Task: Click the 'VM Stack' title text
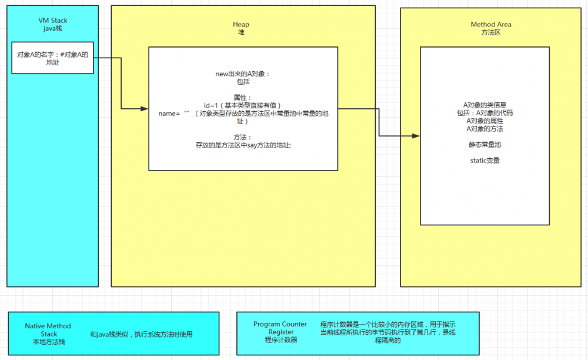[53, 21]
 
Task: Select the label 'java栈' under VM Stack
[53, 28]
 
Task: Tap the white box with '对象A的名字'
[52, 58]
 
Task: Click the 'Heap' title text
[241, 24]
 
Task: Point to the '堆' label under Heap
[241, 32]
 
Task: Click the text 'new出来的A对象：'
[243, 74]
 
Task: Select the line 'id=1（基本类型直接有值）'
[243, 105]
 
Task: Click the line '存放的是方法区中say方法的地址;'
[243, 145]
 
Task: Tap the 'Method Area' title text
[491, 24]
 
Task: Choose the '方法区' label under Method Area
[491, 32]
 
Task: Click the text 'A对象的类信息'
[485, 105]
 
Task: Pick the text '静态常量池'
[485, 144]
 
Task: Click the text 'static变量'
[485, 160]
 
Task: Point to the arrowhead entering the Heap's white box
[145, 109]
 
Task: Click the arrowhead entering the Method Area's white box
[416, 136]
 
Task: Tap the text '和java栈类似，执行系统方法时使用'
[141, 334]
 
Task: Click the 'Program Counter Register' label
[280, 328]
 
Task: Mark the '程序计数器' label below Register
[280, 340]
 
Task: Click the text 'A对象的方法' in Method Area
[485, 128]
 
